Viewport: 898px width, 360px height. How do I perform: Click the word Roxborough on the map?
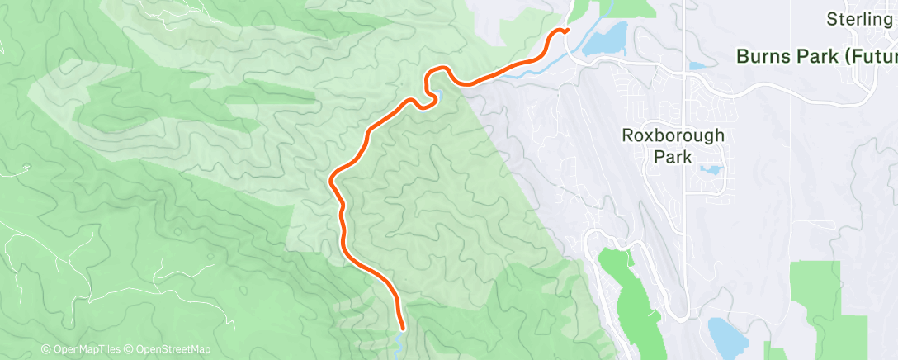point(673,135)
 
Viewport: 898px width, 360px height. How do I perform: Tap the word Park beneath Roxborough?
point(673,156)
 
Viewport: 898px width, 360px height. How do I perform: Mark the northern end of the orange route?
point(566,31)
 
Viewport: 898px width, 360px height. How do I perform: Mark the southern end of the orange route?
point(402,328)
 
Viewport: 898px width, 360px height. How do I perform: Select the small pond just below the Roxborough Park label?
point(709,170)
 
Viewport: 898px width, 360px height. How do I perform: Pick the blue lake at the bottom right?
point(725,334)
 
